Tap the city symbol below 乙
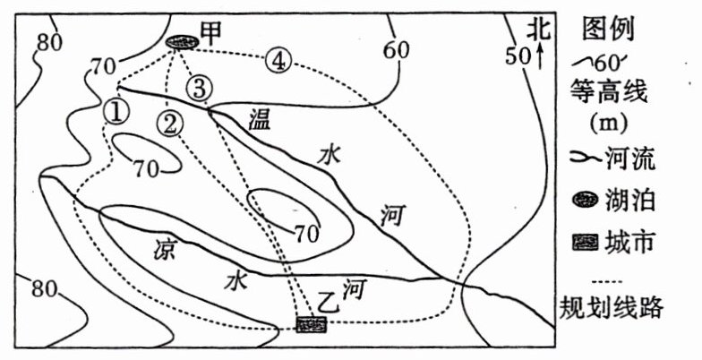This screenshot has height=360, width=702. [x=310, y=324]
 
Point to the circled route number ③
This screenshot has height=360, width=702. [x=200, y=88]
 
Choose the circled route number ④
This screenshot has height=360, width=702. [x=279, y=61]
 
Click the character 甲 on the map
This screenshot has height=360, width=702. [x=211, y=33]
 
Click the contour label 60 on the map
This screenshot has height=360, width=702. [x=396, y=50]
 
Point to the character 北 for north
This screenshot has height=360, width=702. [x=536, y=29]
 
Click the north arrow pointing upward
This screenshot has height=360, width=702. [x=540, y=57]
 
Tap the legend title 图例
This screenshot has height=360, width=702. [x=609, y=29]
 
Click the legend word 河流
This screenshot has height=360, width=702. [x=632, y=160]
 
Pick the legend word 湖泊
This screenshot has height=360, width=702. [x=632, y=201]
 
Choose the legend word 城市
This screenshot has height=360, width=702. [x=632, y=242]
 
